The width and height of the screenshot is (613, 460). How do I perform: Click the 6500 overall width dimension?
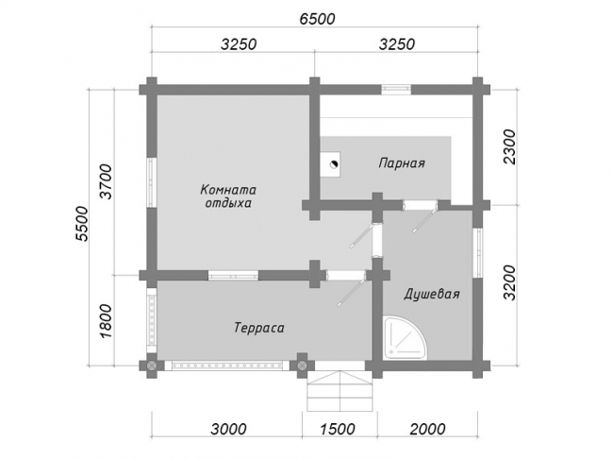(x=318, y=19)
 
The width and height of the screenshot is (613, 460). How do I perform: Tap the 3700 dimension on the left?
(x=107, y=182)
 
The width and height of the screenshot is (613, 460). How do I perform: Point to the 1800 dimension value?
(x=107, y=321)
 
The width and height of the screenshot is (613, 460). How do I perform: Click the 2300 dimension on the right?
(x=510, y=147)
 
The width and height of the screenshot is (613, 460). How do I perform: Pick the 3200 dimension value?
(x=510, y=282)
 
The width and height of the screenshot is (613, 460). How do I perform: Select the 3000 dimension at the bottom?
(x=228, y=429)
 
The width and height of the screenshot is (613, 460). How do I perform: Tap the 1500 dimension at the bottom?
(x=338, y=429)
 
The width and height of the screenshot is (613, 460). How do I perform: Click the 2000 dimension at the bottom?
(x=427, y=429)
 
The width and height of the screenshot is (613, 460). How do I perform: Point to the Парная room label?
(x=402, y=162)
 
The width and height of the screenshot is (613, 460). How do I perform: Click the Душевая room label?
(x=432, y=294)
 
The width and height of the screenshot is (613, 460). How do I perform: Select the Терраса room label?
(x=259, y=328)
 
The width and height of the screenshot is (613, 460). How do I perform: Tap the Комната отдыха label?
(x=228, y=196)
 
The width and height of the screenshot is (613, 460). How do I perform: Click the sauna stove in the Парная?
(x=331, y=164)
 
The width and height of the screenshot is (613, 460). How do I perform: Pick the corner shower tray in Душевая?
(x=403, y=337)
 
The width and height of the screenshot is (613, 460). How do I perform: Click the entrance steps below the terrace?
(x=340, y=391)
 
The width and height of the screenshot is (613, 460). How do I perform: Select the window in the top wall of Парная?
(x=396, y=89)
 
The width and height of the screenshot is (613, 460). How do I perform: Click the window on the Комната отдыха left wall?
(x=152, y=182)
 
